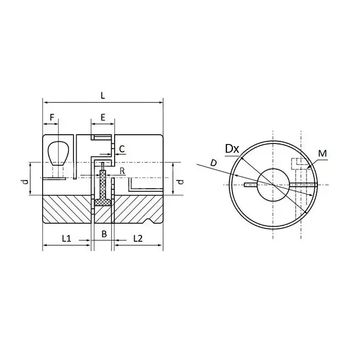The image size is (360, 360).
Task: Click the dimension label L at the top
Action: click(x=103, y=96)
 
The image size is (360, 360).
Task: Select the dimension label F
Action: click(x=52, y=117)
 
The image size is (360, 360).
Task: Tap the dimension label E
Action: click(x=103, y=117)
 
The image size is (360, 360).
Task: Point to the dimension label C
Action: click(x=122, y=149)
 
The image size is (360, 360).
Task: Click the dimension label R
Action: click(x=122, y=171)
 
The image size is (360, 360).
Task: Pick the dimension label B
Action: click(x=104, y=234)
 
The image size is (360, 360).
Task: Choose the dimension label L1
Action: click(x=66, y=239)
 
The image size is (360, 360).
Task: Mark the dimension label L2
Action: click(x=138, y=239)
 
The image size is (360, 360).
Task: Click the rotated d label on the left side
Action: click(x=26, y=182)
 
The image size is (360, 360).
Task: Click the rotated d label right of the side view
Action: click(x=181, y=182)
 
